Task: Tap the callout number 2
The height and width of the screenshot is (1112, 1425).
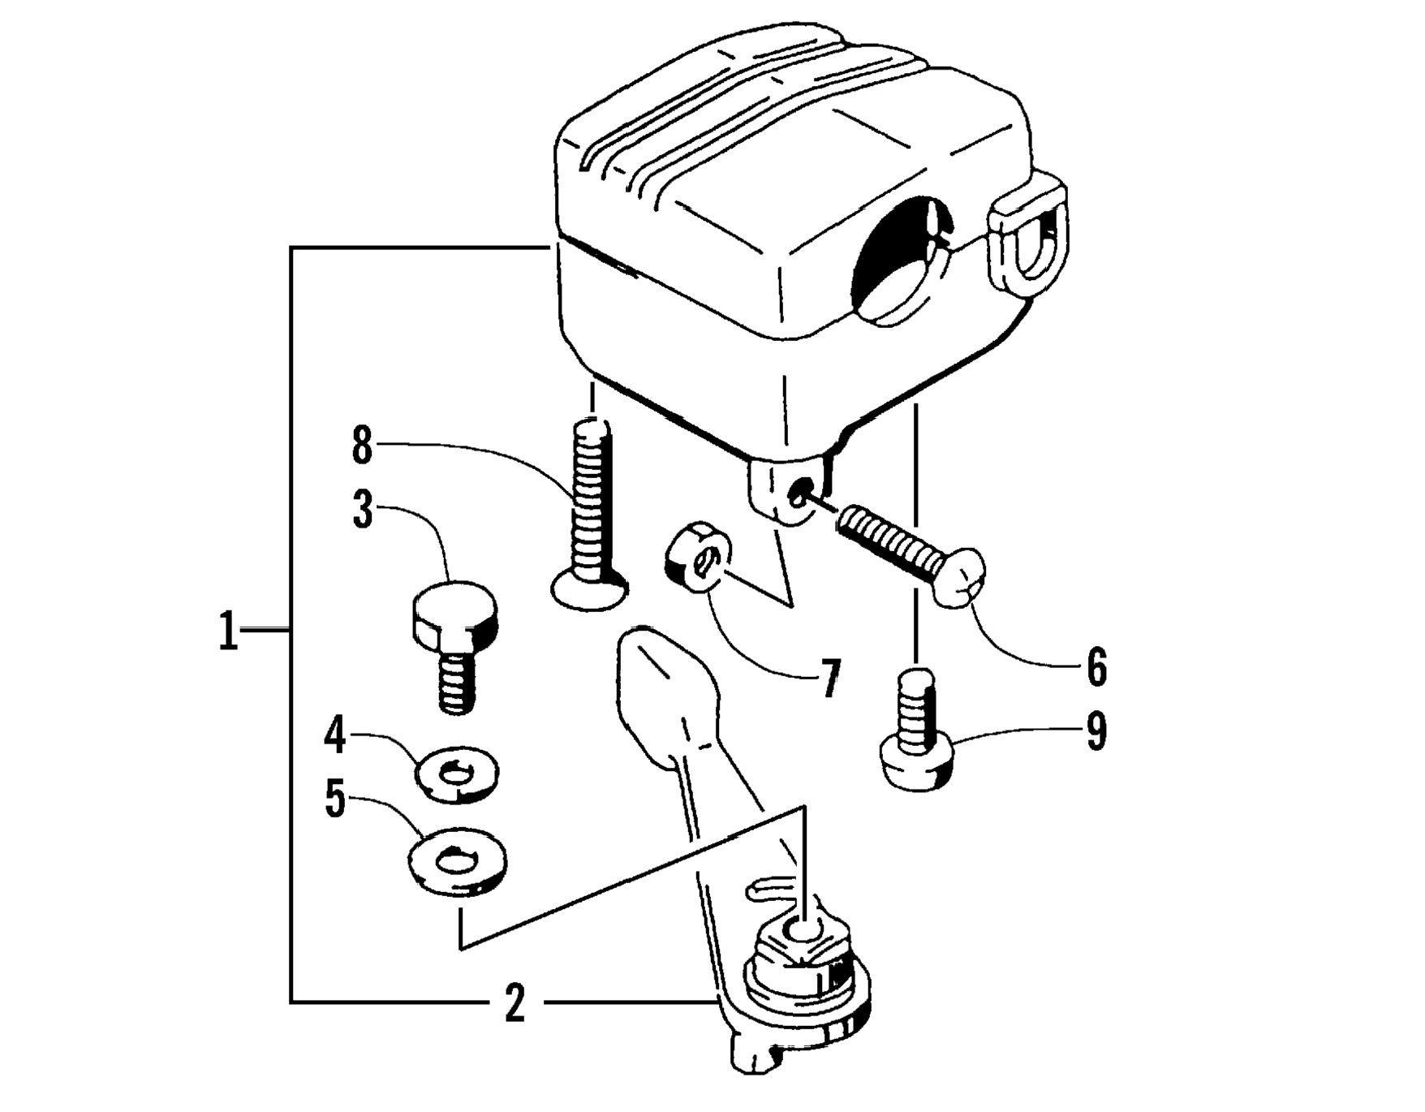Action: point(514,1003)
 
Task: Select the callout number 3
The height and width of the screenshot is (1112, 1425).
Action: point(363,510)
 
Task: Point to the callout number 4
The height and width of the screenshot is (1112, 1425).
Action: point(335,735)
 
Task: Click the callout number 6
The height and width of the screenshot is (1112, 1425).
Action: point(1096,666)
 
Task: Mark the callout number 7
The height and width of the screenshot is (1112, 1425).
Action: point(829,679)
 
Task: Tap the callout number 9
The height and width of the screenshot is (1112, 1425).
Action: point(1096,732)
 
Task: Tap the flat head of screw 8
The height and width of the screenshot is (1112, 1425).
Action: point(590,589)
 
